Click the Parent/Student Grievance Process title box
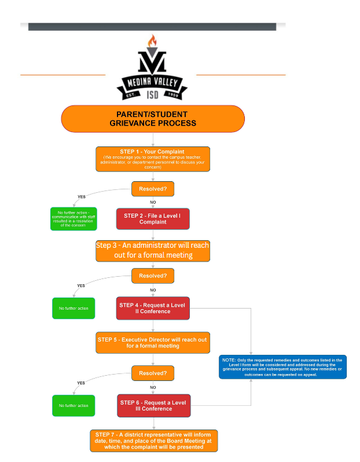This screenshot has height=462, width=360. (x=153, y=119)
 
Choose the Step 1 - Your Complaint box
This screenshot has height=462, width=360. (x=153, y=159)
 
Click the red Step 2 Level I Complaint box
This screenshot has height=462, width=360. (x=153, y=219)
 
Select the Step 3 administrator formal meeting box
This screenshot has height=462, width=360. (x=153, y=250)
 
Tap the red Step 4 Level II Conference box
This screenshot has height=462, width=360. (x=153, y=309)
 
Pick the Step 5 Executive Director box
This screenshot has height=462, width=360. (x=153, y=342)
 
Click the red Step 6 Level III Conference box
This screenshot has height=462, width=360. (x=153, y=405)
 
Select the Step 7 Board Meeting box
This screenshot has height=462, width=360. (x=153, y=441)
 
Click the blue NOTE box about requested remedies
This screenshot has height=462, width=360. (x=282, y=367)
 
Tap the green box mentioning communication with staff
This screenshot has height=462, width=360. (x=73, y=219)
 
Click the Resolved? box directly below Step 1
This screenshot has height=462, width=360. (x=153, y=189)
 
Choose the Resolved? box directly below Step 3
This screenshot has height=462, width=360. (x=153, y=276)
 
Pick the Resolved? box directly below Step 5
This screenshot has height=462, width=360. (x=153, y=373)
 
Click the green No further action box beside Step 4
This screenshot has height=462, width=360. (x=74, y=309)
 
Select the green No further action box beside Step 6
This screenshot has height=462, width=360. (x=74, y=405)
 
